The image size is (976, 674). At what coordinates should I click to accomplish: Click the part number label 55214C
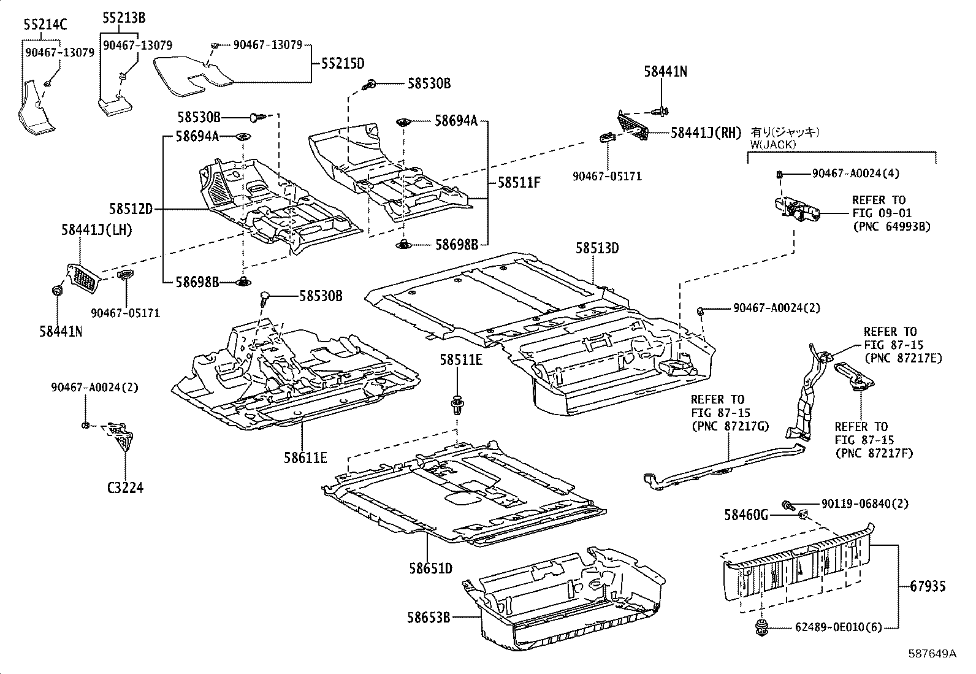pyautogui.click(x=45, y=25)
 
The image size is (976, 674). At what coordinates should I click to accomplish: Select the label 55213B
pyautogui.click(x=124, y=18)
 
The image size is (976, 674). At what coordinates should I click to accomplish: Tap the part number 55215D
pyautogui.click(x=343, y=64)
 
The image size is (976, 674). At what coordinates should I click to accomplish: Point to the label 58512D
pyautogui.click(x=131, y=209)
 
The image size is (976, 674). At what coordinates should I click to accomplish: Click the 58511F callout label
pyautogui.click(x=519, y=182)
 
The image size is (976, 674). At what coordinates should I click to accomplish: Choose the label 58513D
pyautogui.click(x=597, y=248)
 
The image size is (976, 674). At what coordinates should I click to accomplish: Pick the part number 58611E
pyautogui.click(x=305, y=458)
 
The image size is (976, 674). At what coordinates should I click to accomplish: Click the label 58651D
pyautogui.click(x=431, y=569)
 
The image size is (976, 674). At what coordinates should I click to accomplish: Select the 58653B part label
pyautogui.click(x=429, y=618)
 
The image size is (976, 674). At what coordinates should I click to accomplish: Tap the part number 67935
pyautogui.click(x=928, y=586)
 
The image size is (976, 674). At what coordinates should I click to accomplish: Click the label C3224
pyautogui.click(x=126, y=488)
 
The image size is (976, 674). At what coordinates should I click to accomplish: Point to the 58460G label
pyautogui.click(x=746, y=515)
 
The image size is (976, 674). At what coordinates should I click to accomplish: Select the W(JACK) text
pyautogui.click(x=773, y=144)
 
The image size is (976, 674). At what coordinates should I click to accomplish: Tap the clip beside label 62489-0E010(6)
pyautogui.click(x=761, y=628)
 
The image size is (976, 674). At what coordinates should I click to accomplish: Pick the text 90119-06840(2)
pyautogui.click(x=865, y=504)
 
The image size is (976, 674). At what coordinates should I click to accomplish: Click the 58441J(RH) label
pyautogui.click(x=706, y=132)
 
